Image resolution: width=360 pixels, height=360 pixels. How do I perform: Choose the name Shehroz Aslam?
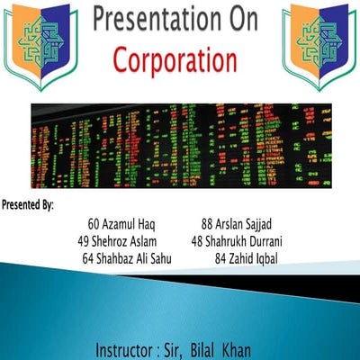point(126,240)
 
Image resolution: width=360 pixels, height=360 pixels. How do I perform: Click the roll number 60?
point(94,222)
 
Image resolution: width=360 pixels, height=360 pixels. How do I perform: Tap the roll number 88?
point(206,222)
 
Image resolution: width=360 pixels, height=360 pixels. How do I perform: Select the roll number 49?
point(85,240)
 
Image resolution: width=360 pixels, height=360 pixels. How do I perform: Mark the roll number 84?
point(220,258)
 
